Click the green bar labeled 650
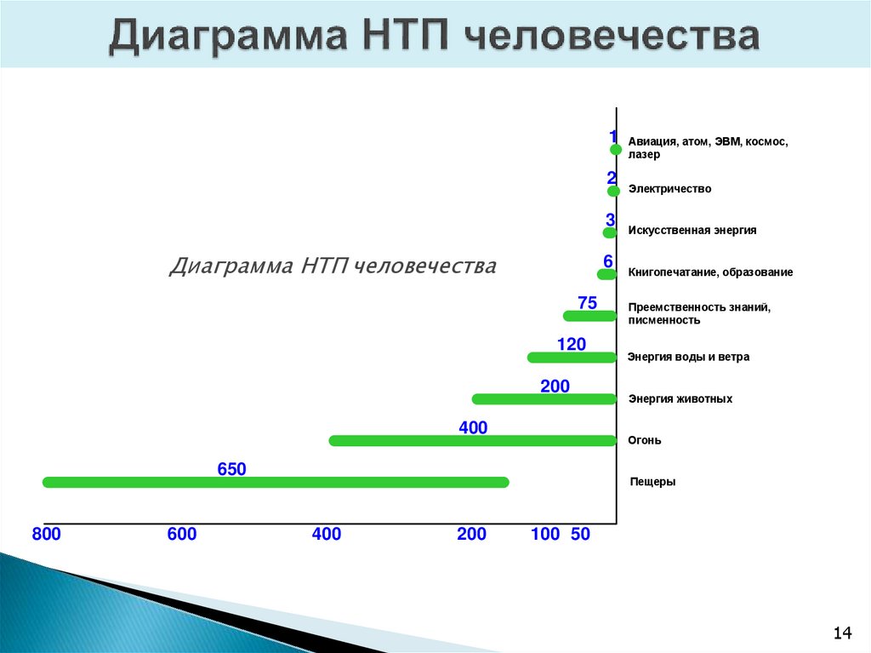pyautogui.click(x=276, y=482)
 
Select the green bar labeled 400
pyautogui.click(x=472, y=440)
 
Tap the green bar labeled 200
pyautogui.click(x=544, y=398)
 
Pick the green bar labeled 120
pyautogui.click(x=572, y=357)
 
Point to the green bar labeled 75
pyautogui.click(x=589, y=316)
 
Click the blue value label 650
pyautogui.click(x=231, y=468)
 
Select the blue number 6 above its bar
pyautogui.click(x=608, y=261)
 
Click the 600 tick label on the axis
pyautogui.click(x=181, y=535)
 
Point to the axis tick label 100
pyautogui.click(x=545, y=535)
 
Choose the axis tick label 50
pyautogui.click(x=580, y=535)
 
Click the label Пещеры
pyautogui.click(x=653, y=482)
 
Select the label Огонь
pyautogui.click(x=645, y=441)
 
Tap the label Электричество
pyautogui.click(x=669, y=189)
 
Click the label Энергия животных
pyautogui.click(x=680, y=398)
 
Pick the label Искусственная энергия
pyautogui.click(x=692, y=230)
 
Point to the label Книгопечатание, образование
pyautogui.click(x=710, y=272)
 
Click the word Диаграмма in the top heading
pyautogui.click(x=224, y=38)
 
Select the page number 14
pyautogui.click(x=842, y=633)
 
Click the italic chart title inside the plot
pyautogui.click(x=333, y=266)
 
